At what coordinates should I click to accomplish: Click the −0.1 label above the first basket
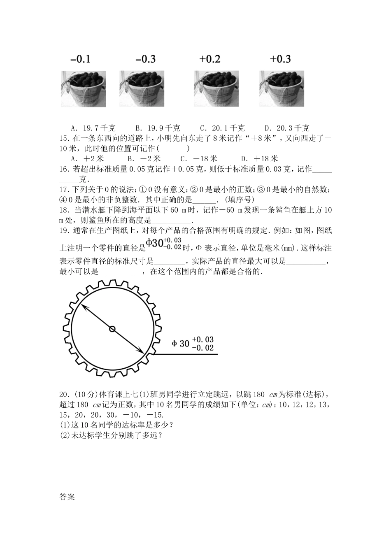coord(80,59)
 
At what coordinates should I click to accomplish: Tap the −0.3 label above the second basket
coord(145,59)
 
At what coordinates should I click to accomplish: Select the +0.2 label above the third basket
coord(210,59)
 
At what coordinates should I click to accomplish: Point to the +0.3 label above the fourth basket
coord(280,59)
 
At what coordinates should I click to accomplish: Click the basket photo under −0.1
coord(83,88)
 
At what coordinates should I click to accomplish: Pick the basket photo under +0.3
coord(282,88)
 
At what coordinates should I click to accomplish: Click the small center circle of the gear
coord(112,328)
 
